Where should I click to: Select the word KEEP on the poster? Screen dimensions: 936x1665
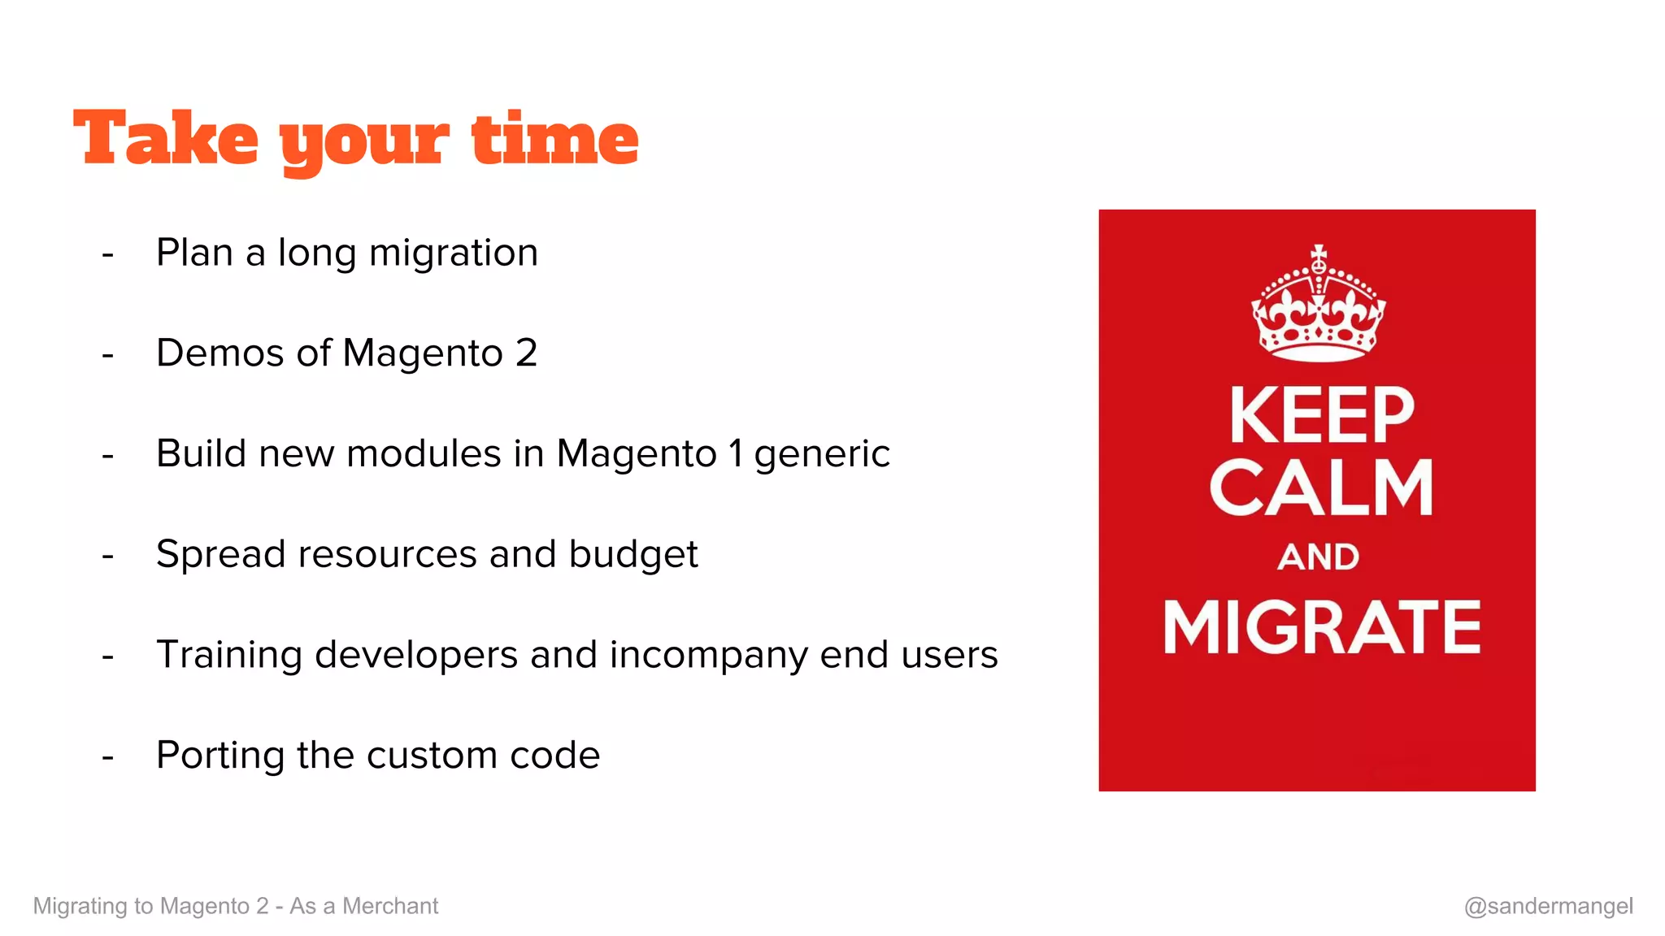(x=1322, y=416)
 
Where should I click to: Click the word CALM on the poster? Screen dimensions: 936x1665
(x=1321, y=487)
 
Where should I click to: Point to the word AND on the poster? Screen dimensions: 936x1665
(x=1318, y=557)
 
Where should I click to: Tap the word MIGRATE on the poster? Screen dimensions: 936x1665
(x=1322, y=627)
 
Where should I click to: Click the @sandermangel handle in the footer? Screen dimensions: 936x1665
(x=1548, y=906)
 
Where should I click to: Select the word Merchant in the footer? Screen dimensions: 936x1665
(x=390, y=906)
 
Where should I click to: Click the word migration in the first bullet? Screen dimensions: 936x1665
(x=453, y=253)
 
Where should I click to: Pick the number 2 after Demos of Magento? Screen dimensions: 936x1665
(x=526, y=353)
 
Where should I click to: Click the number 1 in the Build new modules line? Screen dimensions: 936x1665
(x=736, y=453)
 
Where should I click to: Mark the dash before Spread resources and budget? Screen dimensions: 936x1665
(x=108, y=557)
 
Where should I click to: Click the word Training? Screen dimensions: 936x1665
(x=228, y=656)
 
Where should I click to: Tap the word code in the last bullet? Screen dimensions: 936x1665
(x=554, y=756)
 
